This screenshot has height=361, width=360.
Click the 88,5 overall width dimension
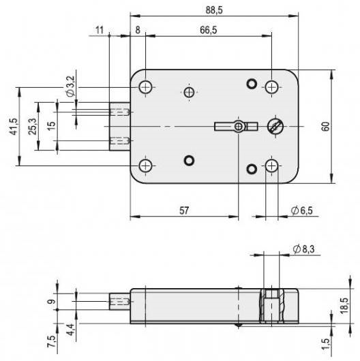pyautogui.click(x=214, y=10)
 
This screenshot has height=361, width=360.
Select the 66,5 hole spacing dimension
pyautogui.click(x=209, y=30)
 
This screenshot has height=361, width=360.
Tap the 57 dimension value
pyautogui.click(x=184, y=210)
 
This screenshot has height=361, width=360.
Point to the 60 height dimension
pyautogui.click(x=325, y=127)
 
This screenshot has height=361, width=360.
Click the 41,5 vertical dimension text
pyautogui.click(x=13, y=127)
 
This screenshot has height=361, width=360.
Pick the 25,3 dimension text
pyautogui.click(x=33, y=127)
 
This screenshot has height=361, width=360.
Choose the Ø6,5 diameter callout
pyautogui.click(x=301, y=210)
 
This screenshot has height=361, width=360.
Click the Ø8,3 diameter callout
pyautogui.click(x=303, y=249)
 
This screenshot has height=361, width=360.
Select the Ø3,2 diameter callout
pyautogui.click(x=70, y=86)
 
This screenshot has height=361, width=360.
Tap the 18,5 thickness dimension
pyautogui.click(x=344, y=306)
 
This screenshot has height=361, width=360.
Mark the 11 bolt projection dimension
pyautogui.click(x=100, y=30)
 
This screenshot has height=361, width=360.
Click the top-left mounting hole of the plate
pyautogui.click(x=146, y=87)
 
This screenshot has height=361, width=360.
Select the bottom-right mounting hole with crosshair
pyautogui.click(x=272, y=166)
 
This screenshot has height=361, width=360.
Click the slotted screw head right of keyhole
pyautogui.click(x=275, y=126)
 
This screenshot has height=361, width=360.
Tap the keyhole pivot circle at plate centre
pyautogui.click(x=239, y=126)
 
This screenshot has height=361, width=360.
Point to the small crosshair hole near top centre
pyautogui.click(x=190, y=93)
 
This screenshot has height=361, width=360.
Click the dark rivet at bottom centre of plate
pyautogui.click(x=189, y=160)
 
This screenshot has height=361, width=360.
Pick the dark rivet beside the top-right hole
pyautogui.click(x=252, y=84)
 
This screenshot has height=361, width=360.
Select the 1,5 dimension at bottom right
pyautogui.click(x=325, y=344)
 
